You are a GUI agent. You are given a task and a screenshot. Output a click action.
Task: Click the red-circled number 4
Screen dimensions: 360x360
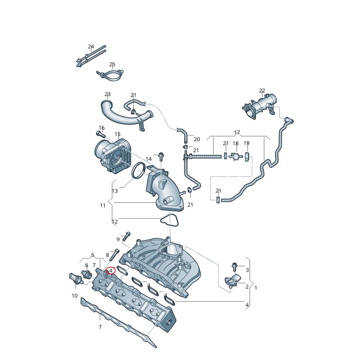(111, 271)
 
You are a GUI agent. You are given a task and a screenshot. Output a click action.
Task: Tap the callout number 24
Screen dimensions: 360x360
(91, 47)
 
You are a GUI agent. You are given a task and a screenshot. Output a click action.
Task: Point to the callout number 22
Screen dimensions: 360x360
(262, 91)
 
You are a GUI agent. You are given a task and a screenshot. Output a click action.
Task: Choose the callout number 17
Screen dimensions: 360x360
(237, 132)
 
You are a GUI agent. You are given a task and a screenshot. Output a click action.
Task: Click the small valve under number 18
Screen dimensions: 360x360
(236, 156)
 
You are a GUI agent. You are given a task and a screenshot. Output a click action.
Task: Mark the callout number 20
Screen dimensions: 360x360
(197, 139)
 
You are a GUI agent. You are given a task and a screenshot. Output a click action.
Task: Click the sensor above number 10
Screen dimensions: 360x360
(74, 278)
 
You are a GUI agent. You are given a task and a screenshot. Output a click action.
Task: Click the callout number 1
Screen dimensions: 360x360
(256, 288)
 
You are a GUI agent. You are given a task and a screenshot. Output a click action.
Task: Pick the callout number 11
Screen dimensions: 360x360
(103, 205)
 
